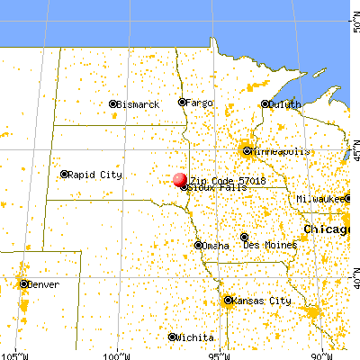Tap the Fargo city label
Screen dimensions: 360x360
(200, 103)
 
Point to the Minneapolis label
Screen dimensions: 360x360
(279, 150)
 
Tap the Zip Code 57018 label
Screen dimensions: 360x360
(218, 180)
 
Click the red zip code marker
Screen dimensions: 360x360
(180, 180)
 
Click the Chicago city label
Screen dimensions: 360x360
(326, 230)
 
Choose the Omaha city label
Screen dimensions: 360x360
(216, 245)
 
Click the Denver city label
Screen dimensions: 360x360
(45, 284)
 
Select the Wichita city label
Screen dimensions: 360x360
(195, 337)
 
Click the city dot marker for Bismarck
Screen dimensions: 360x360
(113, 104)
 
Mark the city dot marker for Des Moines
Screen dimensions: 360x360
(244, 237)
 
